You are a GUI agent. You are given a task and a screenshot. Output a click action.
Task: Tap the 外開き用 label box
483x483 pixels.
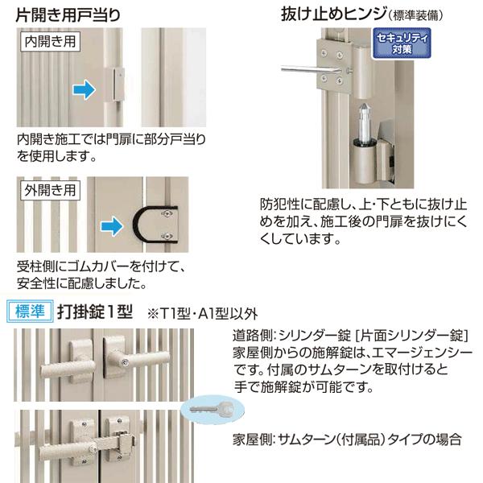click(x=50, y=191)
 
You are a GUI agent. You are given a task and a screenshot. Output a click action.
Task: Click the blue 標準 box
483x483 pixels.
click(x=31, y=310)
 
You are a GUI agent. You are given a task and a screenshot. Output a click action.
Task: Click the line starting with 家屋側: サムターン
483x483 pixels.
click(x=346, y=439)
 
